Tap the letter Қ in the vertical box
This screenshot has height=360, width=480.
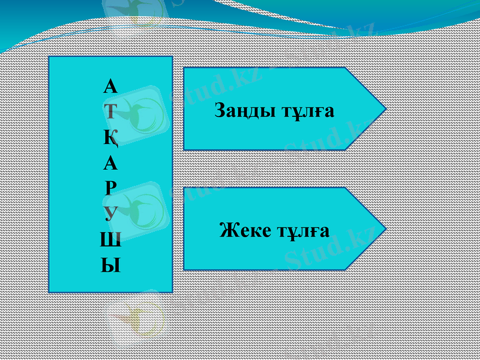(111, 138)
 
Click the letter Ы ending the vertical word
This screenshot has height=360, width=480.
(110, 265)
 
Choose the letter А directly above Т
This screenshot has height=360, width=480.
(110, 88)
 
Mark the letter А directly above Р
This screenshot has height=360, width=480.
(110, 163)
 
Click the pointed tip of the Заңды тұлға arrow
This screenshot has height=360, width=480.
(384, 109)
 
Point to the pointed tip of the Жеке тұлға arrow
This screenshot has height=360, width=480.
(384, 229)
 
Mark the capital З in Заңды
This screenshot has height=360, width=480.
(220, 112)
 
